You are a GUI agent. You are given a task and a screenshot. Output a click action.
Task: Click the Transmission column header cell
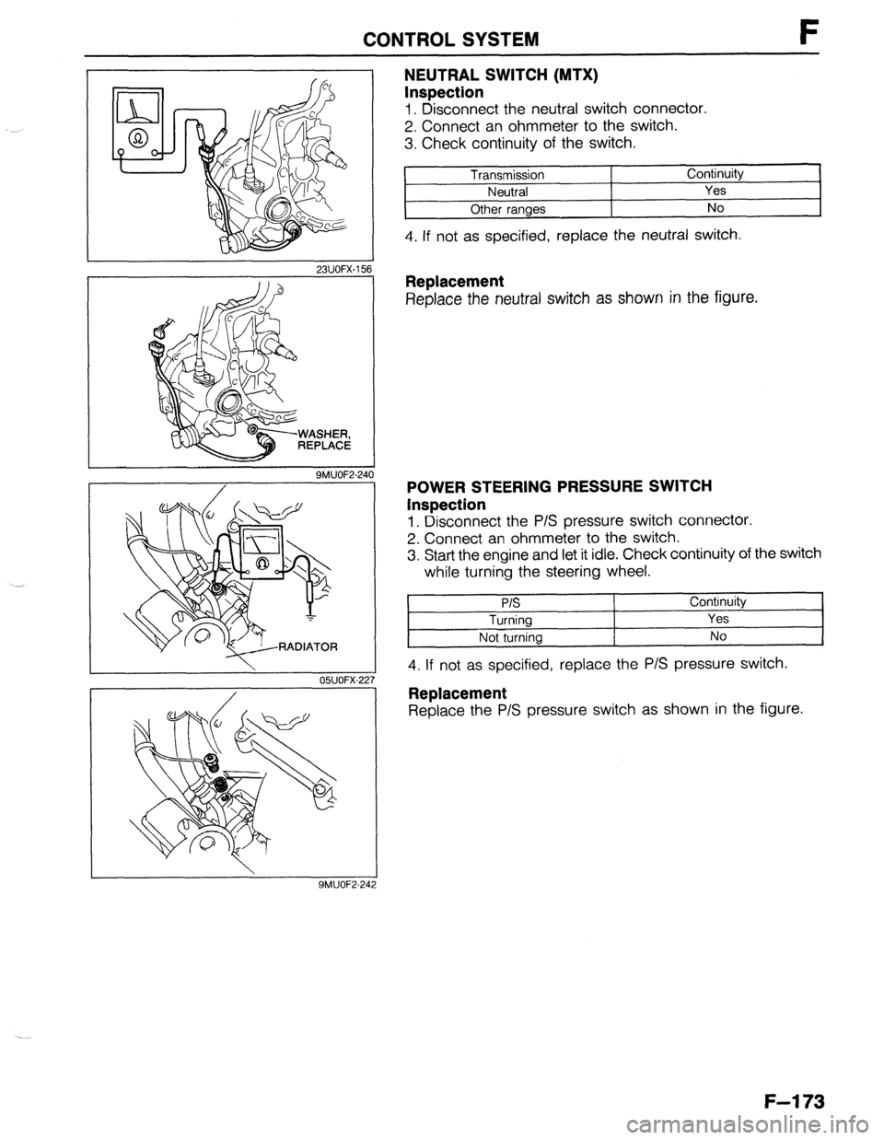507,175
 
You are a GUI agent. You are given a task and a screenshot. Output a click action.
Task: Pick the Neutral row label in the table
507,192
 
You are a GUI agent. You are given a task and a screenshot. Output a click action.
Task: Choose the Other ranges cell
507,208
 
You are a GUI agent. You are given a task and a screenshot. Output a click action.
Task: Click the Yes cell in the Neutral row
715,191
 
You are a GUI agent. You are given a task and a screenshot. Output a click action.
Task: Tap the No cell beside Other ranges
715,207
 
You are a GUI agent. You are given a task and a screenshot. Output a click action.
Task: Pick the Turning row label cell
509,620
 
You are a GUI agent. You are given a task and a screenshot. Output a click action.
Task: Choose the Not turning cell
509,636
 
